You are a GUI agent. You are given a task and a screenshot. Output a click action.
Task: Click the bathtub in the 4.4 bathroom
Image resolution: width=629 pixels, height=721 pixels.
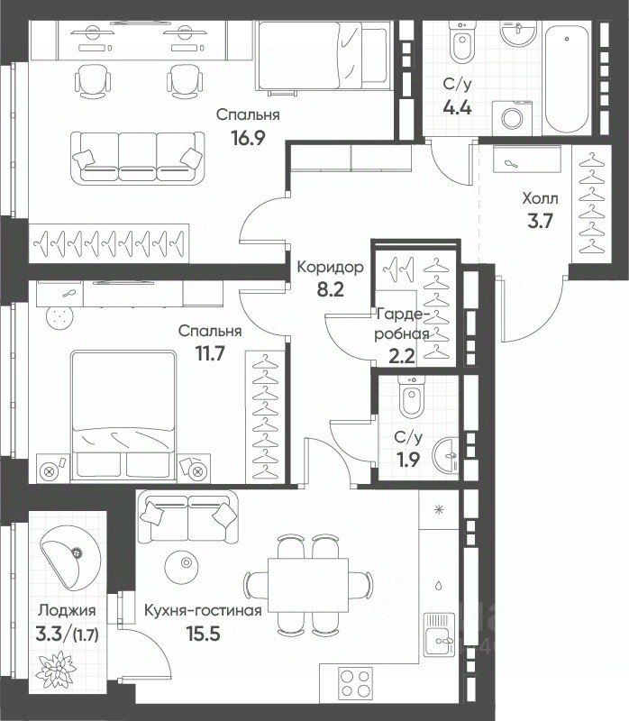(567, 78)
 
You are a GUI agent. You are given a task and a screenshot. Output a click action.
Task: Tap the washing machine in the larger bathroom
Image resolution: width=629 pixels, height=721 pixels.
(511, 118)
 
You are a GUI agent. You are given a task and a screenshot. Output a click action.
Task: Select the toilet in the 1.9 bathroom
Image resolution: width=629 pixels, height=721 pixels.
(412, 397)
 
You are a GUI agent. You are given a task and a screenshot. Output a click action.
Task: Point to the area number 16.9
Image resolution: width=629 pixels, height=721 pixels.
(249, 138)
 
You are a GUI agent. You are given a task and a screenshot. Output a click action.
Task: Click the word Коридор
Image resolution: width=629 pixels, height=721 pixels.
(330, 267)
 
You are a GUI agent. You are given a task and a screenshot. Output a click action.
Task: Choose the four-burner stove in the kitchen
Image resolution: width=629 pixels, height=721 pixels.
(356, 683)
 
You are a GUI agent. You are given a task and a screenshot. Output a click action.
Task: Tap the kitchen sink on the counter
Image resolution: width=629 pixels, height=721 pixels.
(439, 634)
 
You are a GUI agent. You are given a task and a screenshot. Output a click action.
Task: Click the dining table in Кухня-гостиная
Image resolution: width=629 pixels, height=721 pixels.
(308, 585)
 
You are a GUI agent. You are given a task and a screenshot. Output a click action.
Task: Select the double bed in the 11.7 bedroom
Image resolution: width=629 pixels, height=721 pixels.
(123, 415)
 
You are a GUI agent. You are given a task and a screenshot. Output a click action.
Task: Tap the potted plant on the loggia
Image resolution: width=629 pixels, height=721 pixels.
(56, 670)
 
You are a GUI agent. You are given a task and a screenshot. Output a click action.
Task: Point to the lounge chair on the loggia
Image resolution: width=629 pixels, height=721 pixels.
(70, 557)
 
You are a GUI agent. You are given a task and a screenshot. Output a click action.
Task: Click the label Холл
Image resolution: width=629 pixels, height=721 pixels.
(540, 198)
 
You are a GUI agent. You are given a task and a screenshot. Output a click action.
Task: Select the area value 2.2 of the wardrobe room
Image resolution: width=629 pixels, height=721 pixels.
(401, 356)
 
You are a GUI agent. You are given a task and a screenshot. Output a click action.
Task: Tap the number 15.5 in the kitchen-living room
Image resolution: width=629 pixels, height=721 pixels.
(203, 634)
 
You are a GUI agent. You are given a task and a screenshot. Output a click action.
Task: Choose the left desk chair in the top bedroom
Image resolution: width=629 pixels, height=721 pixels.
(93, 81)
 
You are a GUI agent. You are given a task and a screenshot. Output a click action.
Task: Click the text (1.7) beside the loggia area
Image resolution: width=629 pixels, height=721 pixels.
(86, 635)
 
